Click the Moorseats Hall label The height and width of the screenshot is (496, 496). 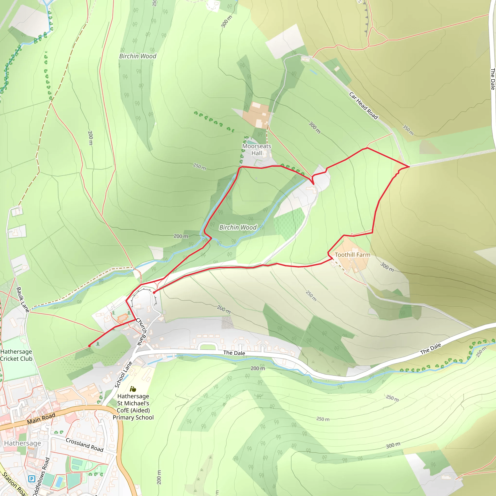(256, 150)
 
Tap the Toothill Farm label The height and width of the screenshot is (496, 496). (352, 255)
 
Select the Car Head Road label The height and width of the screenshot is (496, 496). (363, 106)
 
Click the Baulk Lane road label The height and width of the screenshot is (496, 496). (23, 300)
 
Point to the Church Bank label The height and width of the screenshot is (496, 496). (141, 332)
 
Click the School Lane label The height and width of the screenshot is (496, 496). (124, 375)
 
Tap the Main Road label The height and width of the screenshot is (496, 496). (41, 418)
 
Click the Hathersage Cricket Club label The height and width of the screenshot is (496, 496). (16, 355)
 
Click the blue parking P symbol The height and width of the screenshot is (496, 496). (31, 479)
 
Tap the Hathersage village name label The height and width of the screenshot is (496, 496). (23, 443)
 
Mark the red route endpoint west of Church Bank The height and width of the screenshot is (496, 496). (89, 346)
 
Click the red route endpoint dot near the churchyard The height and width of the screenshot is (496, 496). (154, 292)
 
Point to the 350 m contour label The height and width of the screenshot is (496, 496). (408, 130)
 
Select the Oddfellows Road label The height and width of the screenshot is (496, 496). (42, 476)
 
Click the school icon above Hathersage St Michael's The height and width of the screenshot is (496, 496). (133, 389)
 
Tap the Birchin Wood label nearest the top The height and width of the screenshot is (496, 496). (138, 56)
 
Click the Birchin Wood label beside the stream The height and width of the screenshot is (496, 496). (238, 227)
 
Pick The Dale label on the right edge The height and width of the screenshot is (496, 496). (492, 79)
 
